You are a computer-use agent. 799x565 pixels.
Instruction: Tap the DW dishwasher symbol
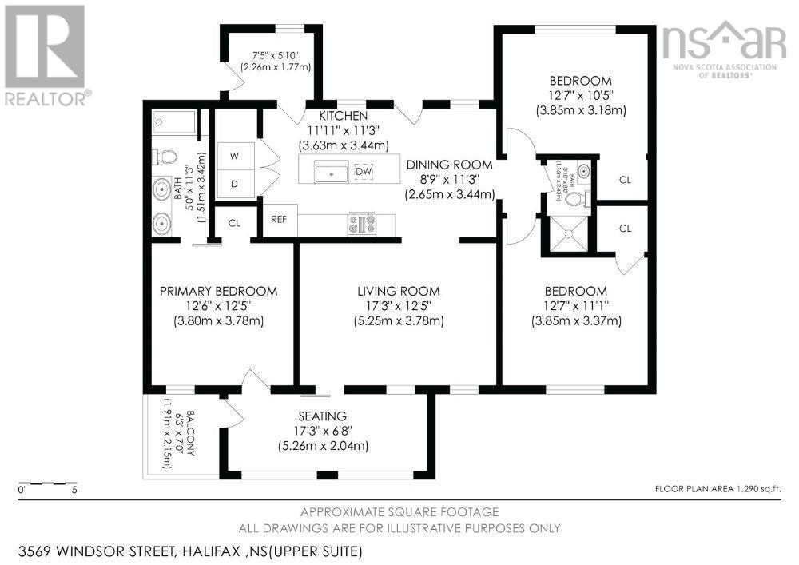(364, 171)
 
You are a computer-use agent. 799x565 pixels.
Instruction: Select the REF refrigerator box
(279, 219)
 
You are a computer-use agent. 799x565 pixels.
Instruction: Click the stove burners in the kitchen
(361, 225)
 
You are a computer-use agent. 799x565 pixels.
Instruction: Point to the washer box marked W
(234, 156)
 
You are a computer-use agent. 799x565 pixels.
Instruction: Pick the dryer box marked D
(234, 184)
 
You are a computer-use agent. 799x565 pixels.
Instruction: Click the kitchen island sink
(329, 171)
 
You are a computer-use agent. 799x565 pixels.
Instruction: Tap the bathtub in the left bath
(174, 122)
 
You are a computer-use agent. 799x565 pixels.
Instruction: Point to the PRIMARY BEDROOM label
(218, 291)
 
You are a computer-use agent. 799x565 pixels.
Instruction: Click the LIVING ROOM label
(398, 291)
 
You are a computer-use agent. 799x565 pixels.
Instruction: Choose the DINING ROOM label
(449, 165)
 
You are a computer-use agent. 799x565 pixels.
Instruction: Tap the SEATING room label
(323, 416)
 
